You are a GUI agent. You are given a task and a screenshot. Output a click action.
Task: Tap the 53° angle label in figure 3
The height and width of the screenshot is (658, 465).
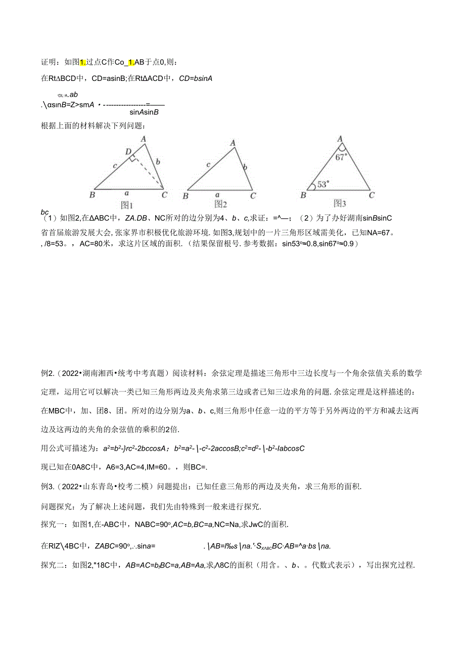pyautogui.click(x=322, y=185)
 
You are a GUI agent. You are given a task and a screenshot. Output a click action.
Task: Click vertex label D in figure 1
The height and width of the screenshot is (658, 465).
pyautogui.click(x=128, y=151)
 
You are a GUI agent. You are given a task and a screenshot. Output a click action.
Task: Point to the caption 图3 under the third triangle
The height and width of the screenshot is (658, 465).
pyautogui.click(x=339, y=203)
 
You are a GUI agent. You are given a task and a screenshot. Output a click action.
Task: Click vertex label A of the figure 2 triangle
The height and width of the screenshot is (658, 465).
pyautogui.click(x=233, y=143)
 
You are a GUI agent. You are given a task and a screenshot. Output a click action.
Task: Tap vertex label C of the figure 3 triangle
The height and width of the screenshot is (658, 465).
pyautogui.click(x=371, y=195)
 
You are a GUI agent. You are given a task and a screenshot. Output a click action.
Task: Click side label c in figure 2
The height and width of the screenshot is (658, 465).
pyautogui.click(x=208, y=164)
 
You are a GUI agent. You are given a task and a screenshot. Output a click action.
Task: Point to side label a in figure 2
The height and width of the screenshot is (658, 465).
pyautogui.click(x=218, y=194)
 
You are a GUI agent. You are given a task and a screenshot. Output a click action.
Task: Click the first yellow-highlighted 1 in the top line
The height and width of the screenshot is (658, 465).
pyautogui.click(x=83, y=62)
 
